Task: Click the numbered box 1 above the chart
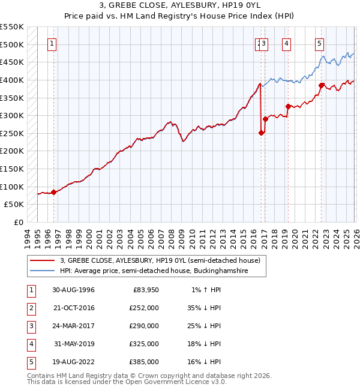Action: click(x=52, y=43)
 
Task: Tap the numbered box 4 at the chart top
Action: click(x=287, y=43)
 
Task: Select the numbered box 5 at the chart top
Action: click(x=319, y=43)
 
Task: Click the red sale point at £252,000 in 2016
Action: click(x=261, y=133)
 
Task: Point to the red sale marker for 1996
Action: click(x=54, y=193)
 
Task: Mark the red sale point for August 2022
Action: click(x=321, y=86)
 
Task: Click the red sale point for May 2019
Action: click(x=288, y=107)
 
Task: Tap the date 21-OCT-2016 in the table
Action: click(x=74, y=308)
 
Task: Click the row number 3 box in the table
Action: click(x=30, y=326)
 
